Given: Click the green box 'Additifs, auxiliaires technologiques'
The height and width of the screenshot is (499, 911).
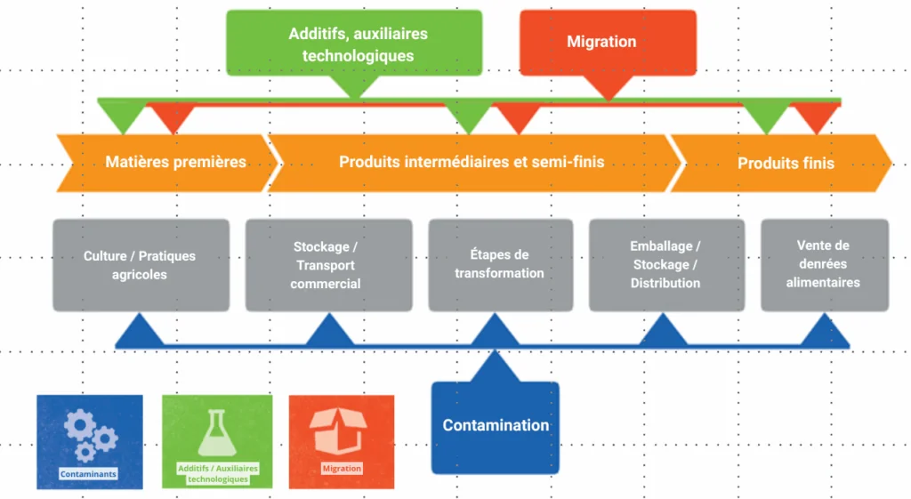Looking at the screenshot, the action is (354, 44).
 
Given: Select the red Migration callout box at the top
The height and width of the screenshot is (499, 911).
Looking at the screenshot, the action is (608, 43).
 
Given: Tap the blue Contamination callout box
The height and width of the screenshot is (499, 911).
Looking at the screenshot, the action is (495, 428).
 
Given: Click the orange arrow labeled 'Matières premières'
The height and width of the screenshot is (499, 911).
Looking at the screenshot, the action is (167, 163).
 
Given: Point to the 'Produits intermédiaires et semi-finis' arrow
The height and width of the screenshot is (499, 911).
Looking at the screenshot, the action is (472, 163).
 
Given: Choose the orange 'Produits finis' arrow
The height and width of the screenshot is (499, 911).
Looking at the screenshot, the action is (781, 164).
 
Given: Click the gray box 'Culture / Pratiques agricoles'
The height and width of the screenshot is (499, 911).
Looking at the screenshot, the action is (141, 265).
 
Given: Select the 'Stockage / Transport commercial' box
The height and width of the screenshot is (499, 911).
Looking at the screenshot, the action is (329, 265).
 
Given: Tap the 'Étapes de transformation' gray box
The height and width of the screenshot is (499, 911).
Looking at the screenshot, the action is (501, 265).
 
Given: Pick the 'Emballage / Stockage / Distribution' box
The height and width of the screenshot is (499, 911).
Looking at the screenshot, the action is (667, 265).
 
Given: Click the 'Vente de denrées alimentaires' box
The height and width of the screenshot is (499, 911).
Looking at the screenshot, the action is (825, 265).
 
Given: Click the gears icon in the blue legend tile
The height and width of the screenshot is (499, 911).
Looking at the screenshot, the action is (91, 435).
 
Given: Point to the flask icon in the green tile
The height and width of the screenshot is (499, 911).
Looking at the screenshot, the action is (217, 433).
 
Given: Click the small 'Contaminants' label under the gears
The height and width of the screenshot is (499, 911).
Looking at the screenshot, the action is (88, 474).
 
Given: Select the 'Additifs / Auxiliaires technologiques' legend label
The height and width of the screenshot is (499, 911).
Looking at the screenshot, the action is (218, 473).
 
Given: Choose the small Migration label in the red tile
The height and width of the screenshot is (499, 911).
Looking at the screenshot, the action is (342, 468).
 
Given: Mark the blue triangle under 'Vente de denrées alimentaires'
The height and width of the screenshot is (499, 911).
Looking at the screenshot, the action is (825, 331).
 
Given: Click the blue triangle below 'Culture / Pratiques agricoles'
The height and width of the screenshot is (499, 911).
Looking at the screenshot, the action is (140, 331).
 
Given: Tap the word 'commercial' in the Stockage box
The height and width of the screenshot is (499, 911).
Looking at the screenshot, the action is (326, 284).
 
